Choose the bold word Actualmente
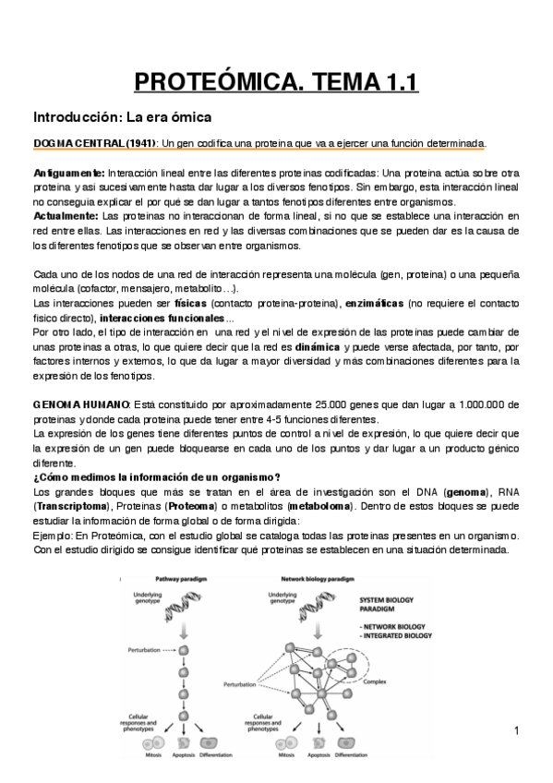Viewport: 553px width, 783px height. click(x=66, y=215)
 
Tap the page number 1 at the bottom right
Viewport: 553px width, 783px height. click(x=518, y=732)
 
